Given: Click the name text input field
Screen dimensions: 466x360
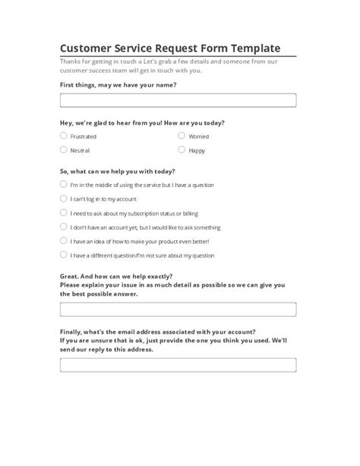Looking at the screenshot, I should click(x=178, y=100).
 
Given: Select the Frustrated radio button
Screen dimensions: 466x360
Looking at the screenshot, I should click(x=63, y=136).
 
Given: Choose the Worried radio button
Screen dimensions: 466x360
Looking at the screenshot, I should click(x=182, y=136).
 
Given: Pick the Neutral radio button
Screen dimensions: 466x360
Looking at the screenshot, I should click(x=63, y=151).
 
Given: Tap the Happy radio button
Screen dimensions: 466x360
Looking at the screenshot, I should click(x=182, y=151).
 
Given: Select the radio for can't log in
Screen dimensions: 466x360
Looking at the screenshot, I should click(x=63, y=198).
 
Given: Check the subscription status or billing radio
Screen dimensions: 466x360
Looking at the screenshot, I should click(x=63, y=213).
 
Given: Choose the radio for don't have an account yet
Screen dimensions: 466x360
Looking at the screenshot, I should click(x=63, y=227).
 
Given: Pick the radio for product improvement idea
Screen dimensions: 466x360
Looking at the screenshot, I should click(x=63, y=241).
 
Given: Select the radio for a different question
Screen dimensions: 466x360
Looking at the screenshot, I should click(x=63, y=255).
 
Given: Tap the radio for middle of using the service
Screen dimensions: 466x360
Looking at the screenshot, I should click(x=63, y=185).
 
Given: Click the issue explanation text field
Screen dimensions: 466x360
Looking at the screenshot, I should click(x=178, y=309).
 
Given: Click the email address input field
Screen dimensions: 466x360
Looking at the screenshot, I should click(x=178, y=366).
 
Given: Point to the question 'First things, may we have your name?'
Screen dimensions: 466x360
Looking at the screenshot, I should click(x=118, y=85).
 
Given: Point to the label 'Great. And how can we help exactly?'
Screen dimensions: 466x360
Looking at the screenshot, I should click(x=115, y=277).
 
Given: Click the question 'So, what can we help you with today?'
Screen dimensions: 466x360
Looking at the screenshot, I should click(x=117, y=171).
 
